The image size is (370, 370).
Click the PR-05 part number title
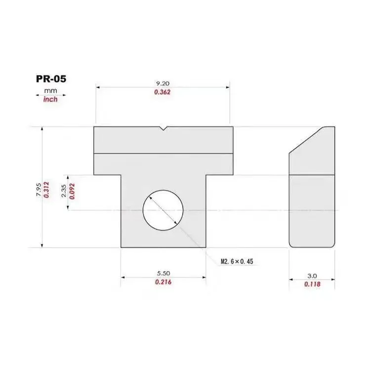coord(51,79)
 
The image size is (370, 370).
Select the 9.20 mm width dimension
coord(163,83)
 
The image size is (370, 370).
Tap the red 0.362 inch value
coord(163,92)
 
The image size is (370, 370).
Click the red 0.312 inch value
coord(46,190)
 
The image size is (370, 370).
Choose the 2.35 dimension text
coord(64,191)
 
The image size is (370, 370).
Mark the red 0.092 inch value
coord(72,191)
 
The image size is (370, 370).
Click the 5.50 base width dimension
coord(164,273)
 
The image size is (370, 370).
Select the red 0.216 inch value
coord(164,282)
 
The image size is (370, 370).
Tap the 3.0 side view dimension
coord(312,276)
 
